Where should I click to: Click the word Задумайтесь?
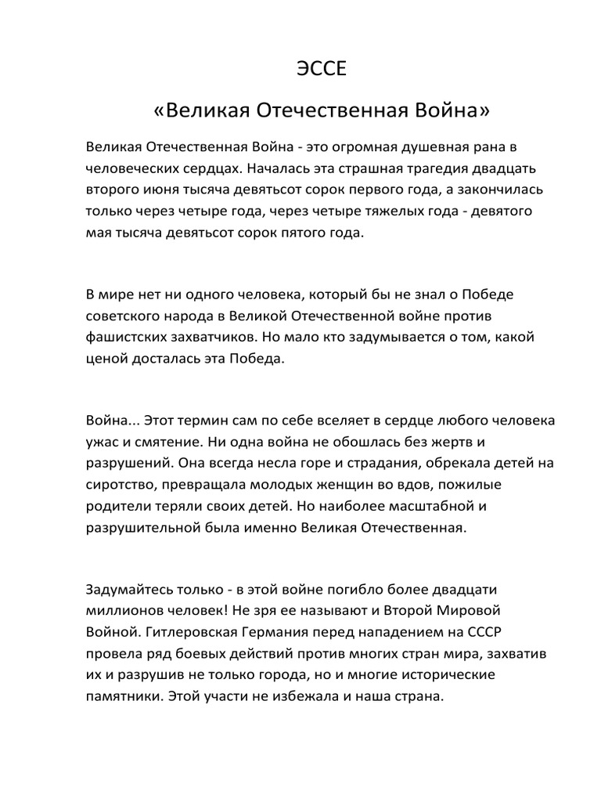click(x=131, y=587)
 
